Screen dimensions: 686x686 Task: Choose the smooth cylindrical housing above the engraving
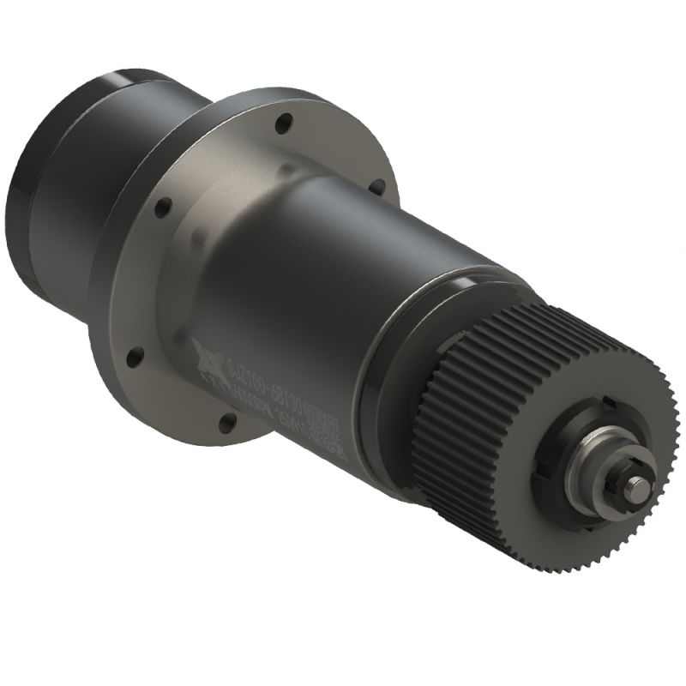pyautogui.click(x=326, y=257)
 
